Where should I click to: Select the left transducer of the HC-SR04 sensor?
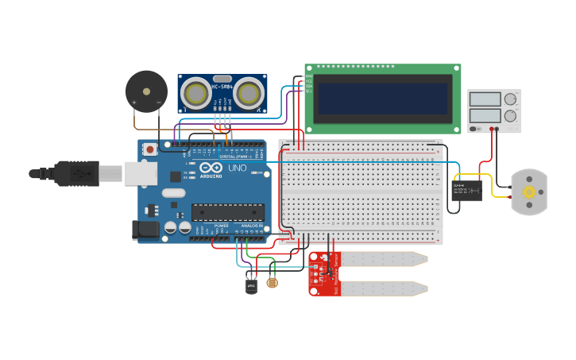[195, 94]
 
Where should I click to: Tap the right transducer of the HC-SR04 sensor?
[249, 94]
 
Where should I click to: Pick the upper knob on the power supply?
[510, 100]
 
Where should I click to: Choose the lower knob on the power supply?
[510, 116]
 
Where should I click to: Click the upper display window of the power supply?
[485, 99]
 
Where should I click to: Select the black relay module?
[467, 190]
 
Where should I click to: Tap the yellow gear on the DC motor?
[528, 192]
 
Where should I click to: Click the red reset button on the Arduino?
[149, 149]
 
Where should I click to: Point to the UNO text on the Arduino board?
[236, 168]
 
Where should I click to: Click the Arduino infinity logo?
[211, 168]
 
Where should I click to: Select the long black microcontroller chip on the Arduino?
[227, 212]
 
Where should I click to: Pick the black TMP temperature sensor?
[252, 285]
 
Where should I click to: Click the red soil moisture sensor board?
[323, 274]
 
